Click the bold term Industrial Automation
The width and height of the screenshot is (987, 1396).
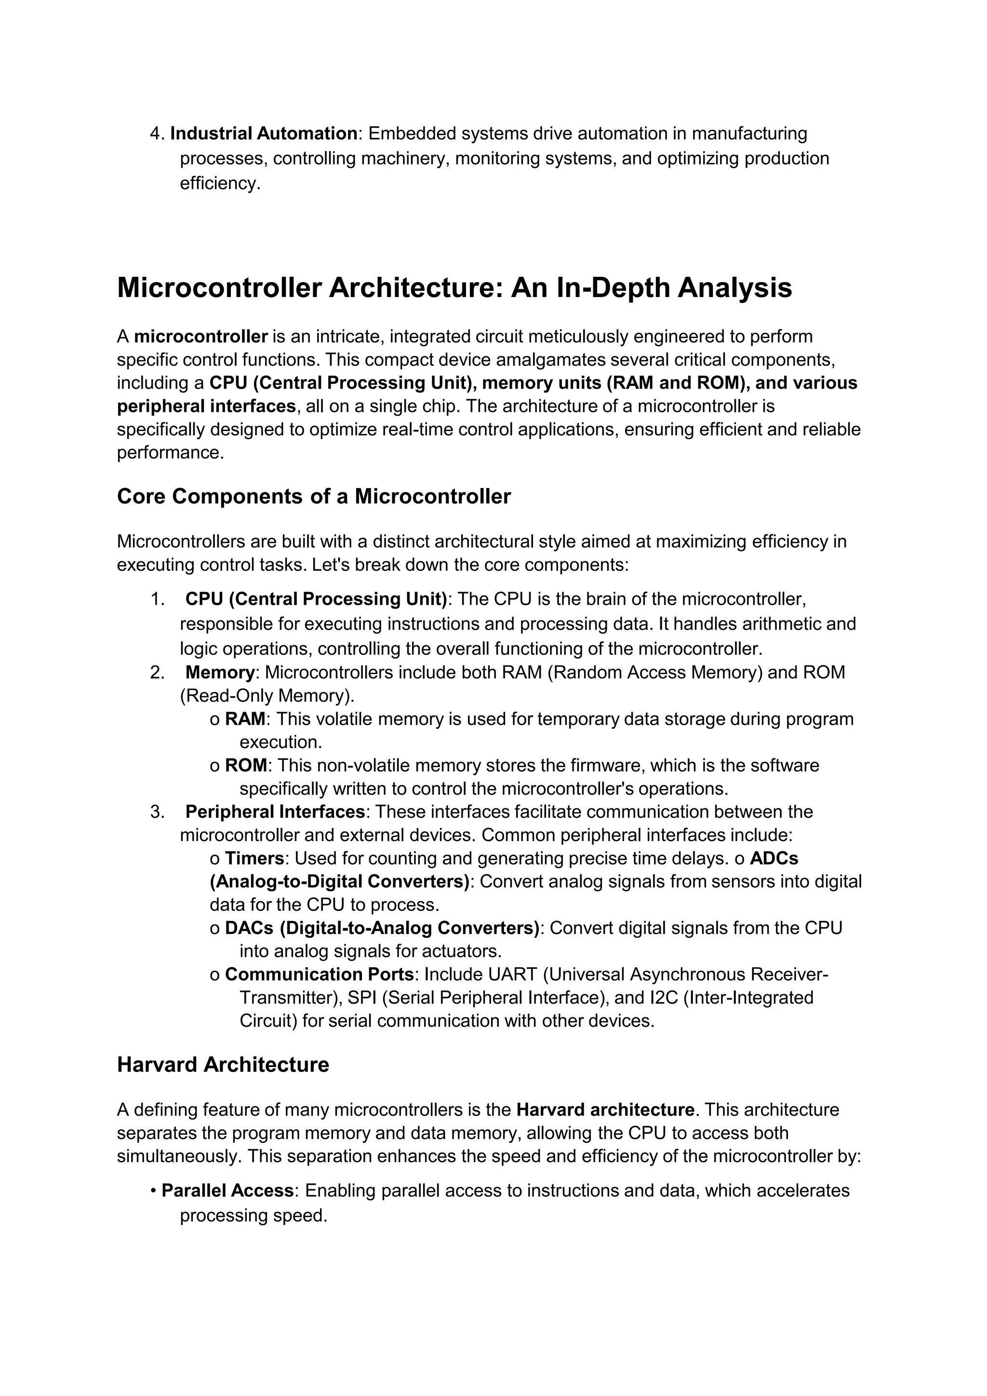tap(264, 133)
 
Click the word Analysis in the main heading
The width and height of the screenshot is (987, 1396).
tap(735, 288)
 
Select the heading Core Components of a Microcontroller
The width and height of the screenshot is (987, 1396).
tap(314, 496)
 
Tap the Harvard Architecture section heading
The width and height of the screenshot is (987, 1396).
tap(223, 1065)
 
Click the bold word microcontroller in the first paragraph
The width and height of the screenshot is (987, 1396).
tap(200, 336)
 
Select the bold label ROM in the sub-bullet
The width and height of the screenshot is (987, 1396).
tap(245, 765)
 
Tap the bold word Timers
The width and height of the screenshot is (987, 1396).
tap(254, 858)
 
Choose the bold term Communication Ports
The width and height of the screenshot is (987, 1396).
tap(319, 974)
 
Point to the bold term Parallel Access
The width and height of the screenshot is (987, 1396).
tap(227, 1190)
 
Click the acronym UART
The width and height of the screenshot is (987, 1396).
tap(512, 974)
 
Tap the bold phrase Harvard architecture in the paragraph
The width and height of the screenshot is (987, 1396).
tap(605, 1110)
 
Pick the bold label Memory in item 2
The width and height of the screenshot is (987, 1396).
tap(219, 673)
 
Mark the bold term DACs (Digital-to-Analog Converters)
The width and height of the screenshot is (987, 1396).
tap(382, 928)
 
